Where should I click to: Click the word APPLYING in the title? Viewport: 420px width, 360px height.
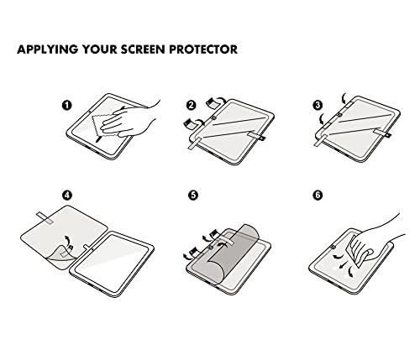pyautogui.click(x=48, y=50)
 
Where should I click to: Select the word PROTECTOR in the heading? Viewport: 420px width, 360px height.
pyautogui.click(x=203, y=50)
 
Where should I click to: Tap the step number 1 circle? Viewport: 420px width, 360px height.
pyautogui.click(x=66, y=106)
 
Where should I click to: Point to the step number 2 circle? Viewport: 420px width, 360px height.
pyautogui.click(x=192, y=105)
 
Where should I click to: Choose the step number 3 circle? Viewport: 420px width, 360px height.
pyautogui.click(x=318, y=105)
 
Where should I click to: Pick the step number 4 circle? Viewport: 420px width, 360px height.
pyautogui.click(x=66, y=196)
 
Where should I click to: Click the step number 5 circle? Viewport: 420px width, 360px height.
pyautogui.click(x=193, y=196)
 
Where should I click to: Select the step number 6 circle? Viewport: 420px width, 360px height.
pyautogui.click(x=318, y=196)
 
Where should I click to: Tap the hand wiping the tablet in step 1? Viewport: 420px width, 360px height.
pyautogui.click(x=129, y=119)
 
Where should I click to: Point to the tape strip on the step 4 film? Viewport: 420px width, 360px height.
pyautogui.click(x=45, y=218)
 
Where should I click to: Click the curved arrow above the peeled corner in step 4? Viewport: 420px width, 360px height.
pyautogui.click(x=67, y=240)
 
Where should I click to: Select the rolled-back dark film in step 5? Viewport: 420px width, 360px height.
pyautogui.click(x=233, y=252)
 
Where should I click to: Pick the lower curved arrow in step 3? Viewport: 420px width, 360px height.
pyautogui.click(x=322, y=119)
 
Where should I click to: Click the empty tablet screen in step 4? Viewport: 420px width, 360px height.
pyautogui.click(x=112, y=263)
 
